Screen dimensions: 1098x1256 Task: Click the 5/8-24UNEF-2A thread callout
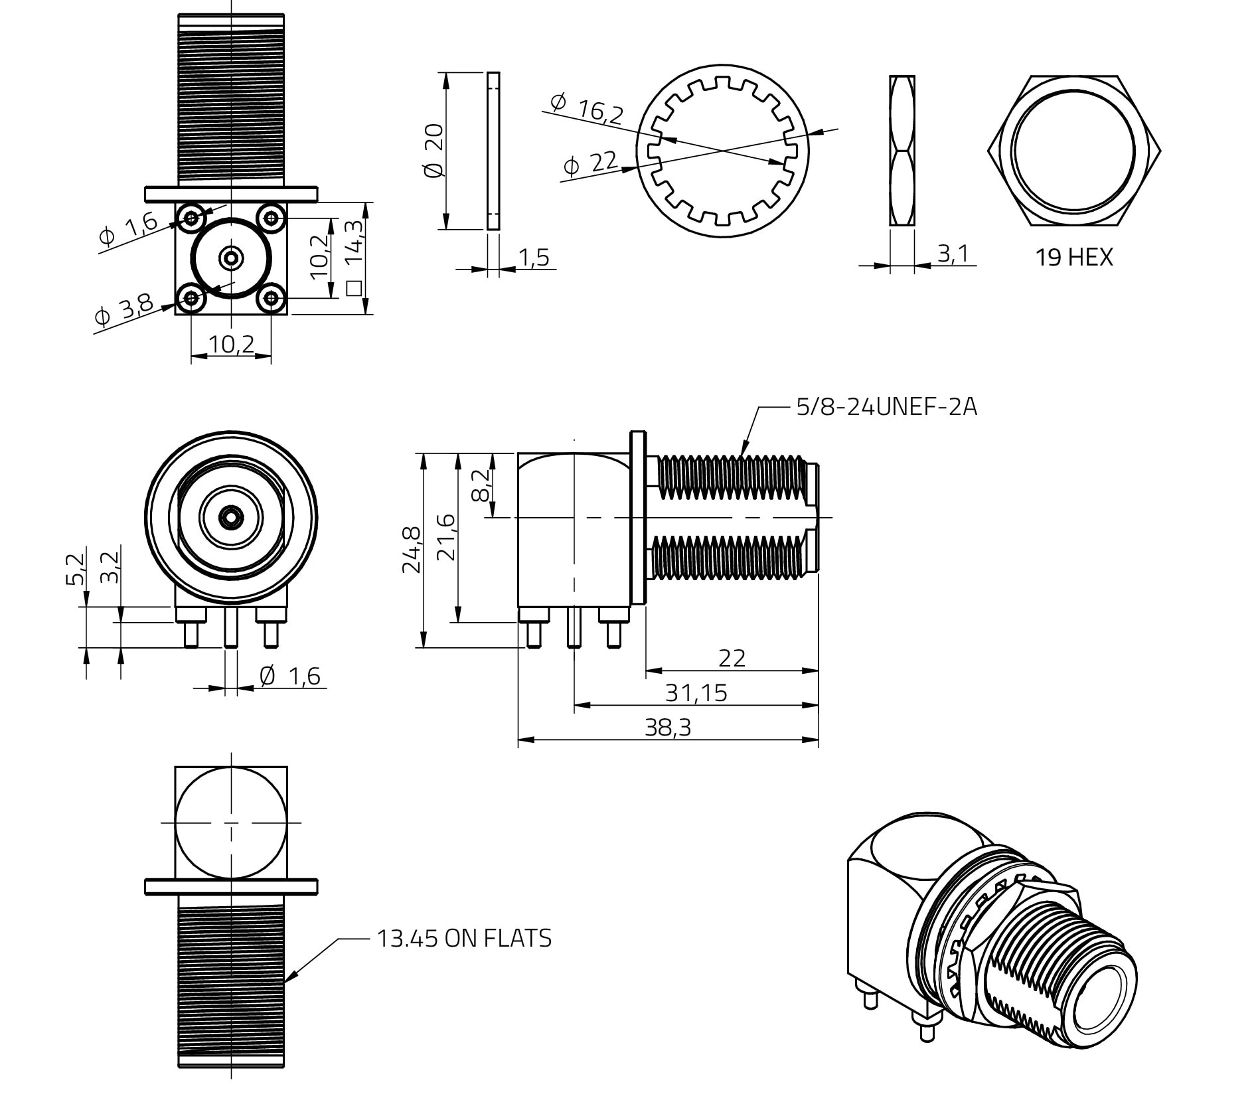tap(886, 406)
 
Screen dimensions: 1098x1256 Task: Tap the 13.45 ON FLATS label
tap(464, 938)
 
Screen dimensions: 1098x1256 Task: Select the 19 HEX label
tap(1073, 257)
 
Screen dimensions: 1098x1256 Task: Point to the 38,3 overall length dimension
tap(668, 728)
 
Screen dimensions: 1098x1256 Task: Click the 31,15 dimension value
tap(696, 693)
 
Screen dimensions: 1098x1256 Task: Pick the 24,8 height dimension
tap(411, 549)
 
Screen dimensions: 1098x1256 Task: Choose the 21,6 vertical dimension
tap(447, 538)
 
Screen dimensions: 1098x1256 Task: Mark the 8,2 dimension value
tap(481, 485)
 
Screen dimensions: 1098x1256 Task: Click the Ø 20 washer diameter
tap(433, 151)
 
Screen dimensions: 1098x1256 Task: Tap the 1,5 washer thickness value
tap(534, 258)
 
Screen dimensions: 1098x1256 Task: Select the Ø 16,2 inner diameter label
tap(588, 108)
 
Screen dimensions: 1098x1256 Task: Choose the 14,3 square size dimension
tap(355, 259)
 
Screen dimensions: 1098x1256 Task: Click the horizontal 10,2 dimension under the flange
tap(231, 345)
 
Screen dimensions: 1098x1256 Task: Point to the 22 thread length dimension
tap(732, 658)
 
